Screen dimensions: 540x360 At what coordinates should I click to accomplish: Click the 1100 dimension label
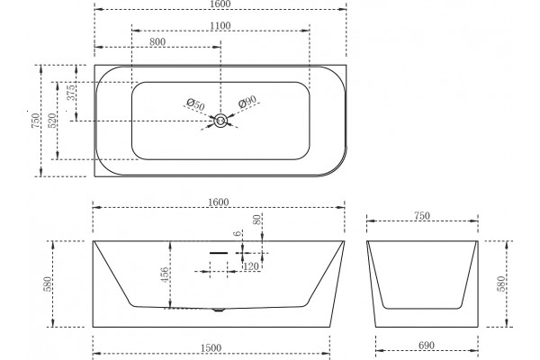pyautogui.click(x=220, y=26)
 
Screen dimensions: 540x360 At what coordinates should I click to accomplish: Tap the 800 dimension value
pyautogui.click(x=157, y=42)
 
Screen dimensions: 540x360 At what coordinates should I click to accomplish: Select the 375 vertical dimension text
pyautogui.click(x=70, y=93)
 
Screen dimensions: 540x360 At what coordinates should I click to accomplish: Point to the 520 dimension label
pyautogui.click(x=52, y=121)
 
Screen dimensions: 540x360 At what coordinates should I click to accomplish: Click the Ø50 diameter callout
pyautogui.click(x=195, y=104)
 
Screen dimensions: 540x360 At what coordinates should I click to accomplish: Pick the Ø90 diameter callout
pyautogui.click(x=247, y=102)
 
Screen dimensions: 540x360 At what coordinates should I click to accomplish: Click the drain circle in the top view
pyautogui.click(x=220, y=121)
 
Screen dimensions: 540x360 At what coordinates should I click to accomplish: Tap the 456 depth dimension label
pyautogui.click(x=166, y=274)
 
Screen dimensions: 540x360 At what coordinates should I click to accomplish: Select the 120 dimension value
pyautogui.click(x=251, y=266)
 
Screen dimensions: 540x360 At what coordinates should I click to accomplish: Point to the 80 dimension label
pyautogui.click(x=256, y=220)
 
